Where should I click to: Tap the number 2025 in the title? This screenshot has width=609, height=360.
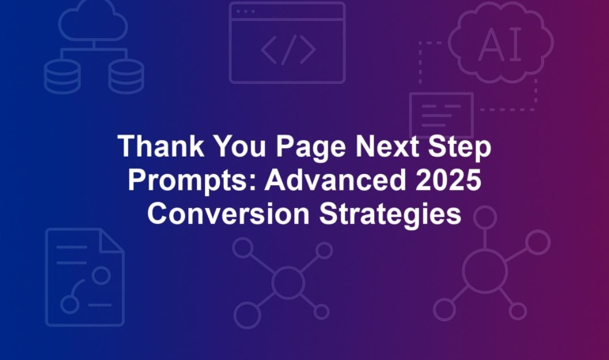tap(448, 180)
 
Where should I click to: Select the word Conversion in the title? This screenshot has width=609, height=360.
tap(229, 213)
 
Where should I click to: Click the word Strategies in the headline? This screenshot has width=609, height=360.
tap(390, 215)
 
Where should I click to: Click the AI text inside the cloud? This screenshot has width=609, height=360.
tap(501, 44)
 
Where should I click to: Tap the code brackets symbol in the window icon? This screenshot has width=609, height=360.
tap(288, 49)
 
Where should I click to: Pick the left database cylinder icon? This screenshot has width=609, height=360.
tap(62, 77)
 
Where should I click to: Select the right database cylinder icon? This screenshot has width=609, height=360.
tap(127, 77)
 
